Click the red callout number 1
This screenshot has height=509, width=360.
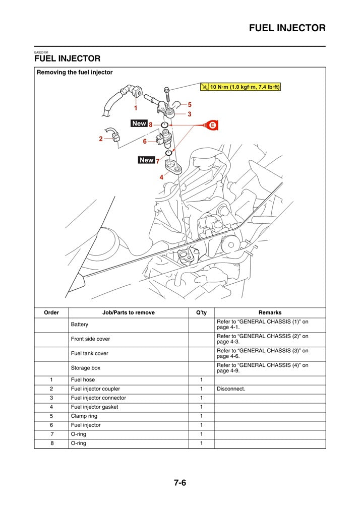pos(135,108)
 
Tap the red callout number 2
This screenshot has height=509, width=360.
pos(101,139)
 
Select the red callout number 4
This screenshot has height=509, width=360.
pos(161,177)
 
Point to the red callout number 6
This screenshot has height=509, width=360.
pos(145,142)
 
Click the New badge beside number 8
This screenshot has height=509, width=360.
pos(139,123)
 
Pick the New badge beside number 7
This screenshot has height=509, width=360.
pos(146,160)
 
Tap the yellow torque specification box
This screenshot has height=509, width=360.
pos(241,87)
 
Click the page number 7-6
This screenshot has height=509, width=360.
pos(180,482)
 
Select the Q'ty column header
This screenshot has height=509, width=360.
pos(201,312)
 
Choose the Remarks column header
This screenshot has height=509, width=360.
pos(270,312)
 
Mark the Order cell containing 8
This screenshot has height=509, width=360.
pos(51,443)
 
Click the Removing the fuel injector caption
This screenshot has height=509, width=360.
pos(75,73)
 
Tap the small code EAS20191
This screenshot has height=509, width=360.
pos(41,52)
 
